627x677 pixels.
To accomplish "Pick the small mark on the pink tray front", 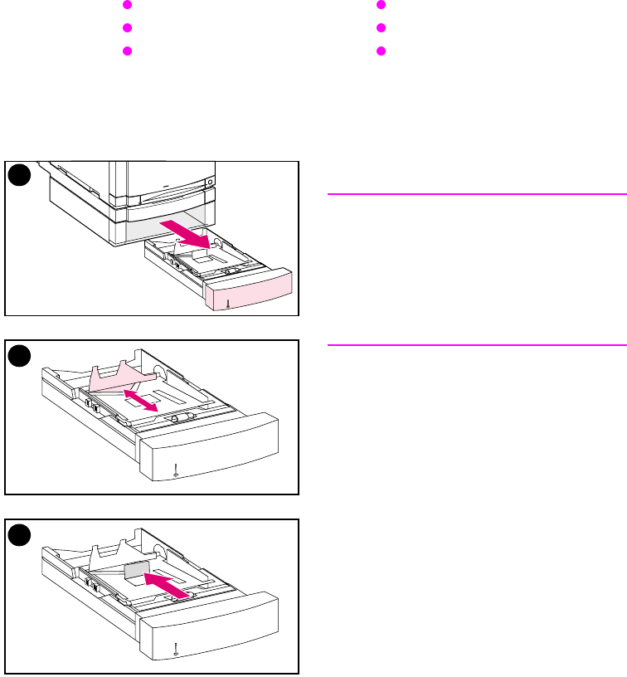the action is point(228,303).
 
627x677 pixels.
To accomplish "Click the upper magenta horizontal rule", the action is point(476,194).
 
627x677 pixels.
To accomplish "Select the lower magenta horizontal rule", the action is point(476,343).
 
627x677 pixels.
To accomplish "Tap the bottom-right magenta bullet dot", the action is point(382,51).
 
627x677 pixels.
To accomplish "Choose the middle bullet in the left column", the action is point(128,27).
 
